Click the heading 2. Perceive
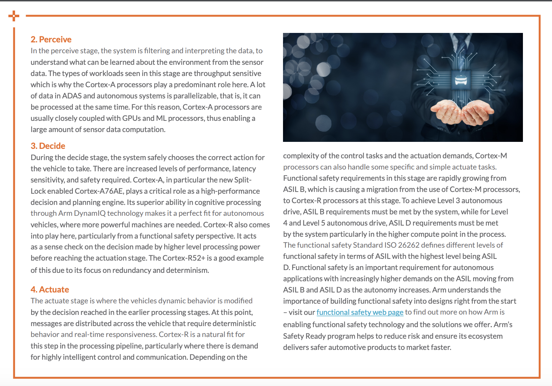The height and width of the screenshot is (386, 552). click(x=51, y=40)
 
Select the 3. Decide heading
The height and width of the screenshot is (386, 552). click(x=48, y=146)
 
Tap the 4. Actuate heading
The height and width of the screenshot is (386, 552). click(x=50, y=290)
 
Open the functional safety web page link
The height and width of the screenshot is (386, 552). click(x=360, y=312)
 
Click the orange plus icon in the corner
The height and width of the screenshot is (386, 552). click(x=14, y=16)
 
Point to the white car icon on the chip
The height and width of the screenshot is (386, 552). click(x=461, y=80)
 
